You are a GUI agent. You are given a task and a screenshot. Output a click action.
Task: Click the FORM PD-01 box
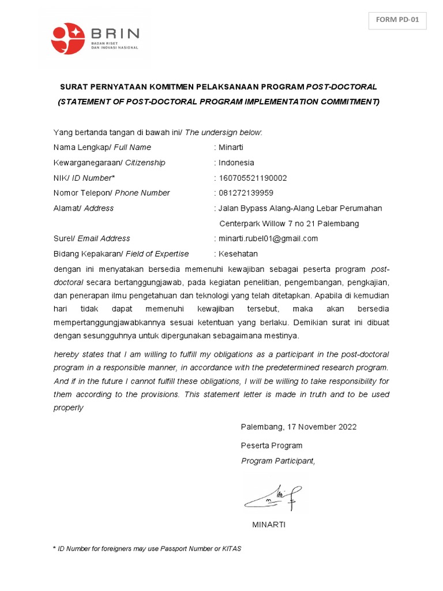[x=397, y=20]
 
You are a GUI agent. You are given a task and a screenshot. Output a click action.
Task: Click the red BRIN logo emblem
[x=68, y=38]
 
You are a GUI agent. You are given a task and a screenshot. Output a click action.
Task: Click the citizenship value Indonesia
[x=236, y=163]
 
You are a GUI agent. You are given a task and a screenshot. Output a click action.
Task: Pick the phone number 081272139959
[x=246, y=193]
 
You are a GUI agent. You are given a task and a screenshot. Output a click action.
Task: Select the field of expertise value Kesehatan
[x=238, y=253]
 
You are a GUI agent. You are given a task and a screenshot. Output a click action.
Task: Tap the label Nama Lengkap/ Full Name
[x=102, y=147]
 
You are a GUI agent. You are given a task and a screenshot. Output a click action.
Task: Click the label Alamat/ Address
[x=84, y=208]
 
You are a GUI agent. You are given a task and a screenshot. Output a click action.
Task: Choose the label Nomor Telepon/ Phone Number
[x=111, y=193]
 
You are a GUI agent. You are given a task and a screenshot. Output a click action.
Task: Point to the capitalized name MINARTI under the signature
[x=269, y=525]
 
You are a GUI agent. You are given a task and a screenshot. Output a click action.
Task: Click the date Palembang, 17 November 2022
[x=299, y=427]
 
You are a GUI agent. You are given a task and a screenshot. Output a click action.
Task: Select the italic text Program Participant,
[x=278, y=461]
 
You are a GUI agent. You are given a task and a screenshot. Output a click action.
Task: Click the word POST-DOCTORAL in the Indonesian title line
[x=341, y=87]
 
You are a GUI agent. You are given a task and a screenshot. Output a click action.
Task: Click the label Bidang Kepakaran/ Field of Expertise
[x=121, y=253]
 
